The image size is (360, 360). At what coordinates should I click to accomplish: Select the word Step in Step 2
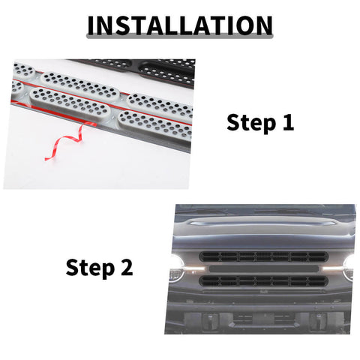point(89,267)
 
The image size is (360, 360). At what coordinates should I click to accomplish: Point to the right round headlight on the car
point(349,267)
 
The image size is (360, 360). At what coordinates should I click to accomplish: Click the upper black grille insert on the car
point(262,256)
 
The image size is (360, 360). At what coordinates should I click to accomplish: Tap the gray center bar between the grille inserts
point(262,268)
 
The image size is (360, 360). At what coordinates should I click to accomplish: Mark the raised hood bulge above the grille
point(262,226)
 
